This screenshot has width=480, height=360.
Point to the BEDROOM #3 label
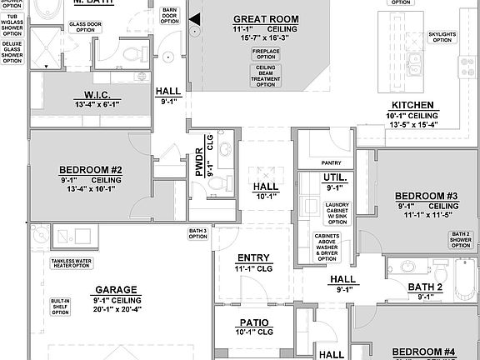(x=426, y=196)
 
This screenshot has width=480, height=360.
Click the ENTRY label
(x=253, y=257)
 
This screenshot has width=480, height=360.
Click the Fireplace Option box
(x=265, y=53)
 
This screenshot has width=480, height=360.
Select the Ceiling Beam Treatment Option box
(x=265, y=75)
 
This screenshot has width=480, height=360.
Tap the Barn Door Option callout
(x=169, y=16)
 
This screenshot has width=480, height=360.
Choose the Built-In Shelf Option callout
(x=59, y=307)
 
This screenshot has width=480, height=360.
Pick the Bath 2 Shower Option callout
(x=461, y=239)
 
